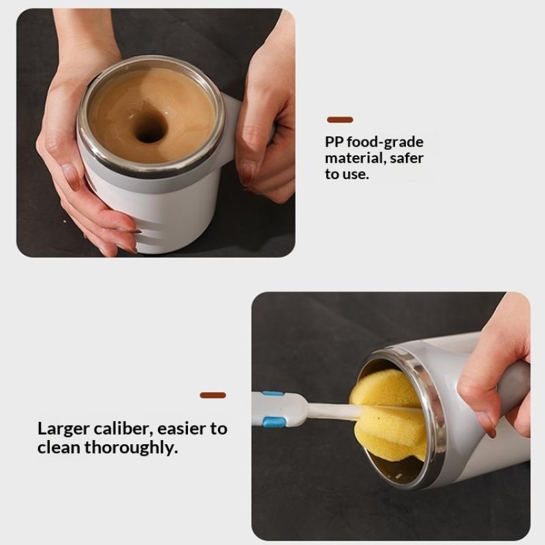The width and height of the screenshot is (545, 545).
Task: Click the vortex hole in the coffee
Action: click(x=149, y=127)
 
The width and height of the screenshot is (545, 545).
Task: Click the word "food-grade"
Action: click(x=385, y=142)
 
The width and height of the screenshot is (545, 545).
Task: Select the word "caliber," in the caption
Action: click(x=123, y=429)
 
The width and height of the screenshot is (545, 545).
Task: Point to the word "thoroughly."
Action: click(x=131, y=448)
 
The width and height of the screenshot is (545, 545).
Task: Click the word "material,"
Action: click(x=356, y=158)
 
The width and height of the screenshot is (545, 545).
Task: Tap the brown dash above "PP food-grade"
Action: click(x=340, y=120)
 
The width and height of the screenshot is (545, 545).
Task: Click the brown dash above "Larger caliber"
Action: click(x=213, y=395)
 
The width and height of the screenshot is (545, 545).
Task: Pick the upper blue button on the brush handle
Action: click(x=272, y=394)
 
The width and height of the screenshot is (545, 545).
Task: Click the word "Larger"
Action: click(x=63, y=429)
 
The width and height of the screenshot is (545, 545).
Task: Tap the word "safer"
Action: click(x=407, y=158)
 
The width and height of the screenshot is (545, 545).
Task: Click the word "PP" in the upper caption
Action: click(x=334, y=142)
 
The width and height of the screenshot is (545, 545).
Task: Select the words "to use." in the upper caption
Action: click(x=347, y=174)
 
